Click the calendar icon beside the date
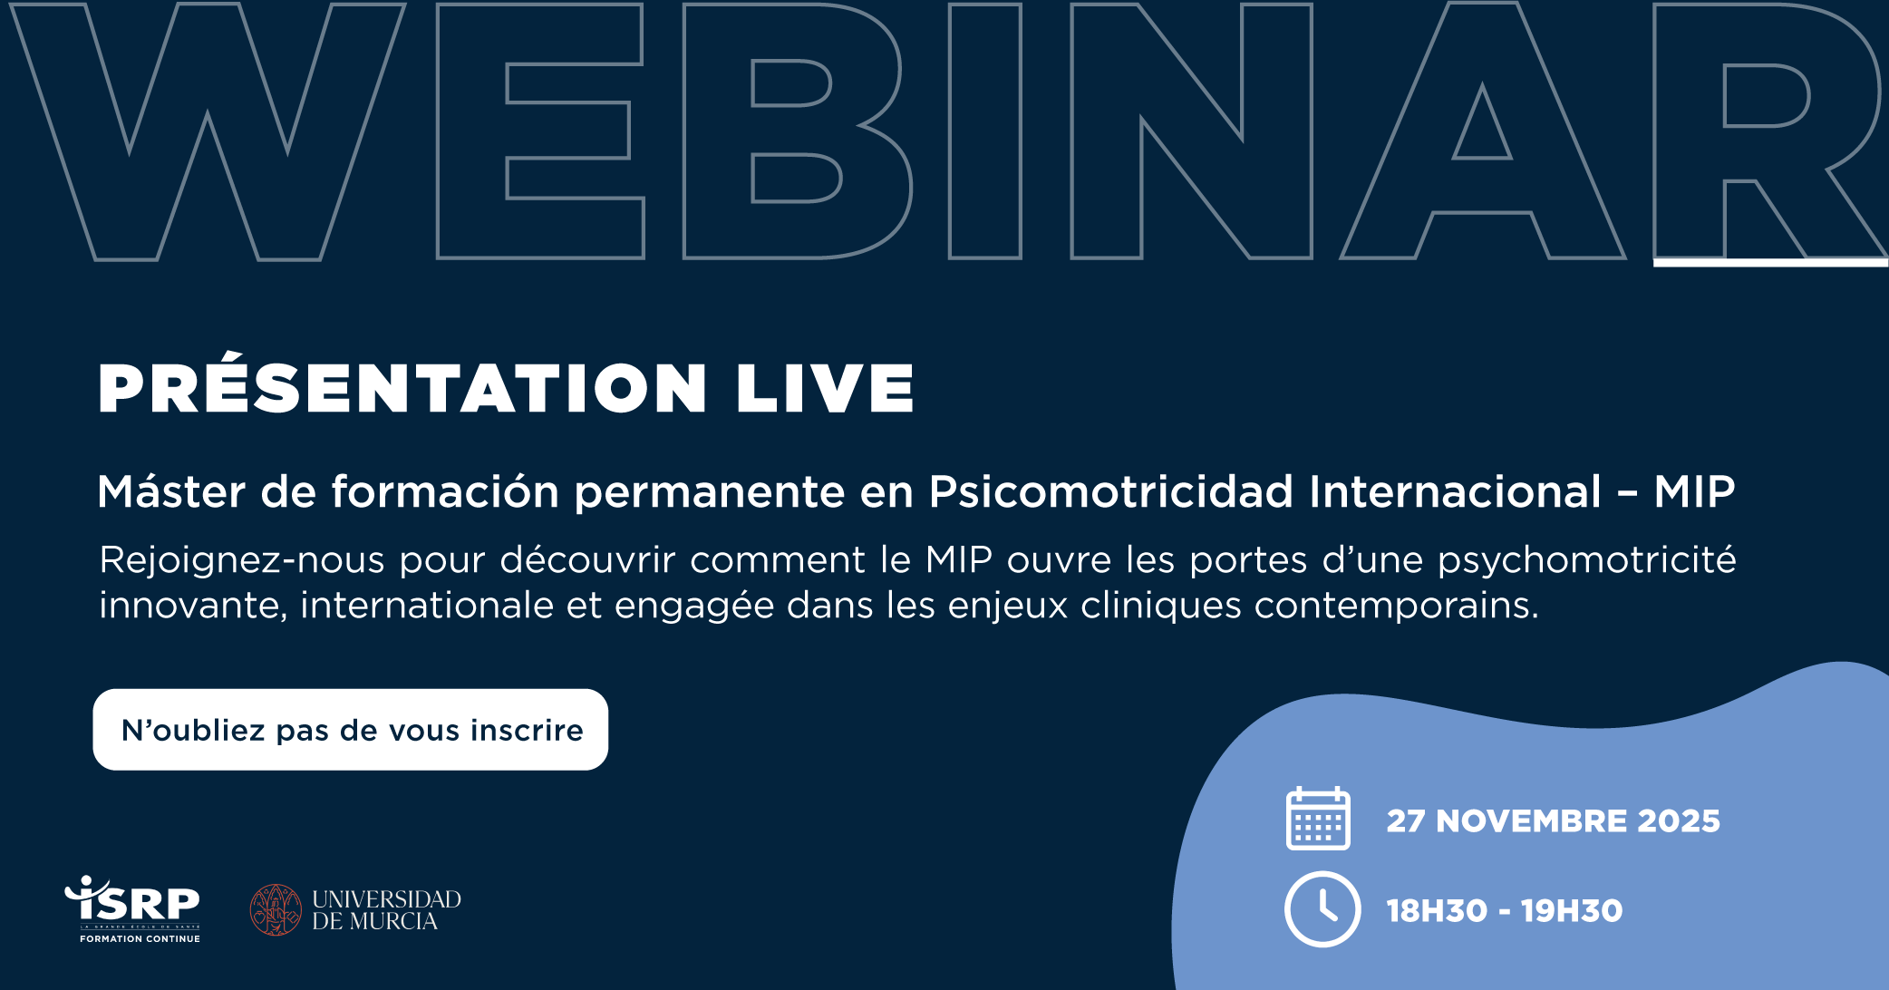click(x=1318, y=818)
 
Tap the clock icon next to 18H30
click(x=1322, y=909)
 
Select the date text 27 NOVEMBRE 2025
click(x=1553, y=820)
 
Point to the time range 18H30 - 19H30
click(x=1505, y=910)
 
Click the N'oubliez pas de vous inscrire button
click(x=351, y=730)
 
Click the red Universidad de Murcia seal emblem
click(x=276, y=909)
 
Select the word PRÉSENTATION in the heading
click(x=402, y=383)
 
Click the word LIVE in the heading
click(x=825, y=388)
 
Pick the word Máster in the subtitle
click(x=171, y=491)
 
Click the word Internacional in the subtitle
click(x=1456, y=491)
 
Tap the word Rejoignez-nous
click(x=242, y=560)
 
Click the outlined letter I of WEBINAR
click(x=985, y=131)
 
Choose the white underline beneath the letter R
click(x=1770, y=263)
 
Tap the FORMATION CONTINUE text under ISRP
click(x=140, y=939)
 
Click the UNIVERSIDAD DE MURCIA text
click(x=387, y=910)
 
